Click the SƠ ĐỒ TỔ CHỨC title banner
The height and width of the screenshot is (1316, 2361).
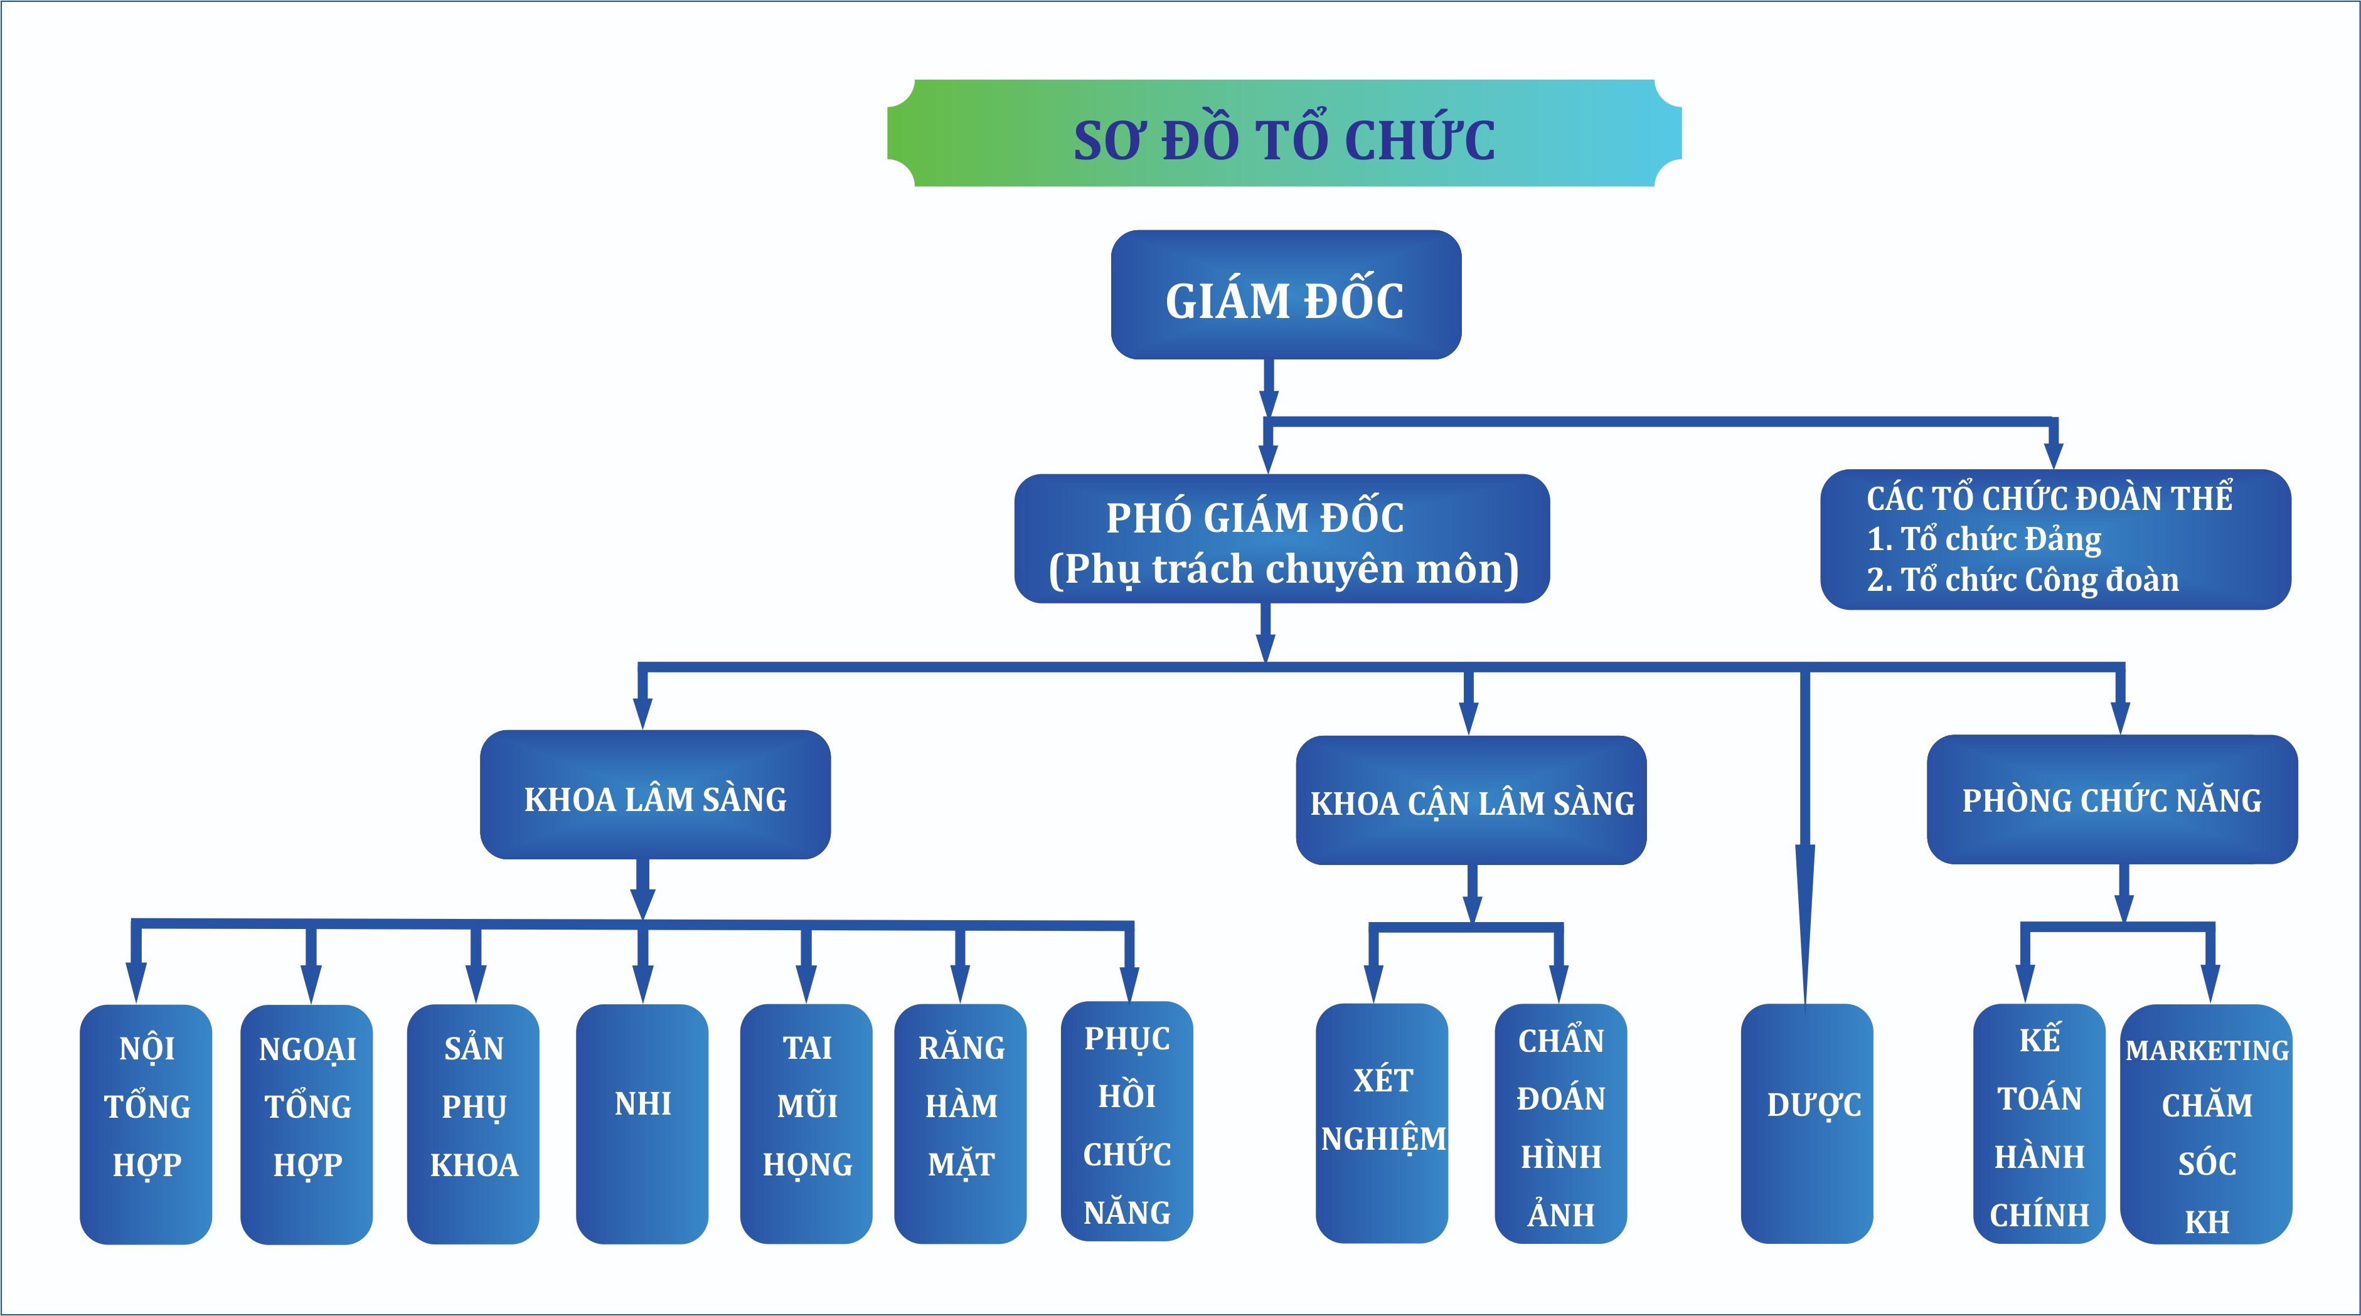tap(1284, 134)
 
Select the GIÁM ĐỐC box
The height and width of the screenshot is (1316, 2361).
tap(1286, 294)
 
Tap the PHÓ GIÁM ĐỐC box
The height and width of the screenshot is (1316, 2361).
tap(1282, 539)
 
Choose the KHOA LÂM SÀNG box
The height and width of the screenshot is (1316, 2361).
tap(655, 795)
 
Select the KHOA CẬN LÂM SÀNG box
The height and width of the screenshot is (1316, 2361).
tap(1471, 800)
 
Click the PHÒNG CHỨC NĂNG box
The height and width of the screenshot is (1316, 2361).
tap(2112, 799)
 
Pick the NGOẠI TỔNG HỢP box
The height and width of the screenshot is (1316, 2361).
tap(306, 1125)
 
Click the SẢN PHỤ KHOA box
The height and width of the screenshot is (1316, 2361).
tap(473, 1125)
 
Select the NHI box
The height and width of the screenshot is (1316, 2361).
tap(642, 1125)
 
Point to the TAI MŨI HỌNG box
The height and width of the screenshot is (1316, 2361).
tap(806, 1125)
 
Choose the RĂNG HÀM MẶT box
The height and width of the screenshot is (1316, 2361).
tap(961, 1125)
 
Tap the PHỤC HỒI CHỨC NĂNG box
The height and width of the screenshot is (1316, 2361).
tap(1127, 1122)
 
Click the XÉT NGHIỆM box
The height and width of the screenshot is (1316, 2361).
tap(1382, 1123)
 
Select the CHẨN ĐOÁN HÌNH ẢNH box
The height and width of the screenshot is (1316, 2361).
tap(1561, 1123)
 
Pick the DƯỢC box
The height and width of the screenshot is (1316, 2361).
tap(1806, 1123)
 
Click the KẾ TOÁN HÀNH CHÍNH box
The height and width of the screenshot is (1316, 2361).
tap(2039, 1123)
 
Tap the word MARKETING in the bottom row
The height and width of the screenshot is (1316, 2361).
tap(2207, 1050)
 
